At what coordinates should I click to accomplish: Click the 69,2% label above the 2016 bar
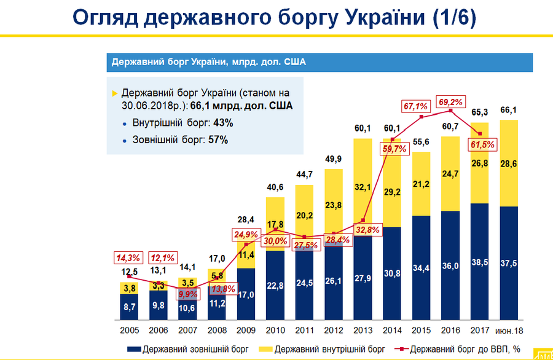452,101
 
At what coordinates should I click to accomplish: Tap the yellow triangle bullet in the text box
115,93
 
